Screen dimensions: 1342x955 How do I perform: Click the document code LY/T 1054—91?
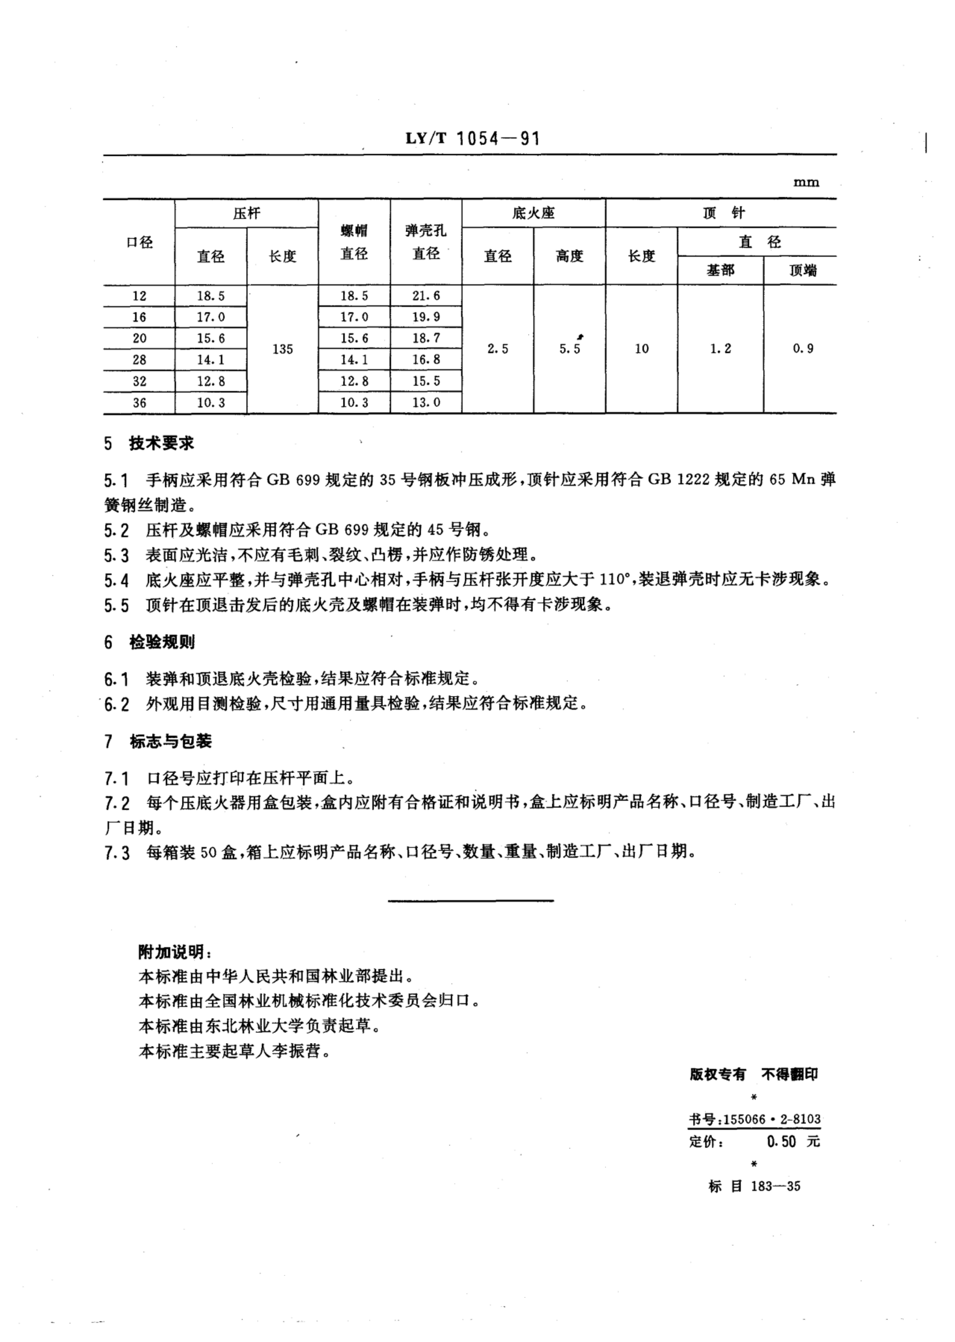pyautogui.click(x=472, y=139)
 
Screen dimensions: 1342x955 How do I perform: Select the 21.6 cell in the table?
pyautogui.click(x=426, y=296)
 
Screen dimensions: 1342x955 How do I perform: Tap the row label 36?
pyautogui.click(x=139, y=403)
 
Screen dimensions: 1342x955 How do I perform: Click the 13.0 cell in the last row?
pyautogui.click(x=426, y=403)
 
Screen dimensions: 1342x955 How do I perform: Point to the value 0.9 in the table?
pyautogui.click(x=803, y=349)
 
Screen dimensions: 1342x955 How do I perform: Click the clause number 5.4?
pyautogui.click(x=117, y=581)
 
